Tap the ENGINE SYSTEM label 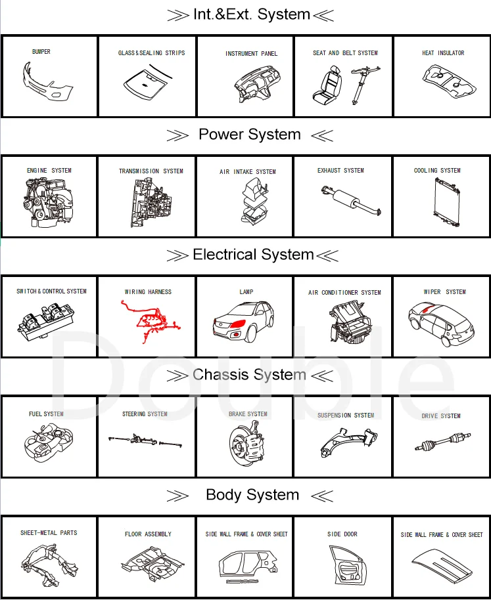click(x=49, y=171)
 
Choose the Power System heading click(x=250, y=135)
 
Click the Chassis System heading click(x=250, y=375)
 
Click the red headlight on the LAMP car click(x=239, y=324)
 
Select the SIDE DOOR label click(x=342, y=534)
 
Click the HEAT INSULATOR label click(x=443, y=53)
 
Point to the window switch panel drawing click(x=49, y=321)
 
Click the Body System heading click(x=252, y=495)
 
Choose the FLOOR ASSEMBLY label click(x=148, y=534)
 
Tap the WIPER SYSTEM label click(x=444, y=292)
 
